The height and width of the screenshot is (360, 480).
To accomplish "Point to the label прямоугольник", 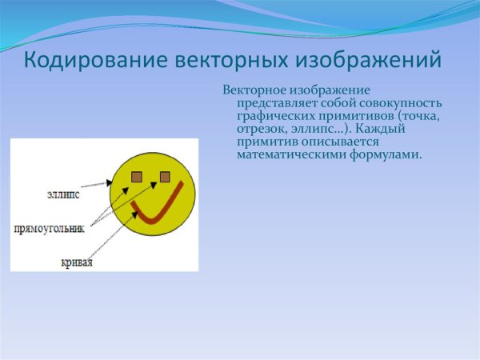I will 49,228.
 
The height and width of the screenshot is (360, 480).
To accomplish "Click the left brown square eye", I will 137,176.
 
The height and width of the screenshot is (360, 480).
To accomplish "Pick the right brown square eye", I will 165,176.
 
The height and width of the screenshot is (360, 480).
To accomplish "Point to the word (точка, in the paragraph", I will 413,116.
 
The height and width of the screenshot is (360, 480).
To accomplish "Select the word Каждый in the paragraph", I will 384,129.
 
